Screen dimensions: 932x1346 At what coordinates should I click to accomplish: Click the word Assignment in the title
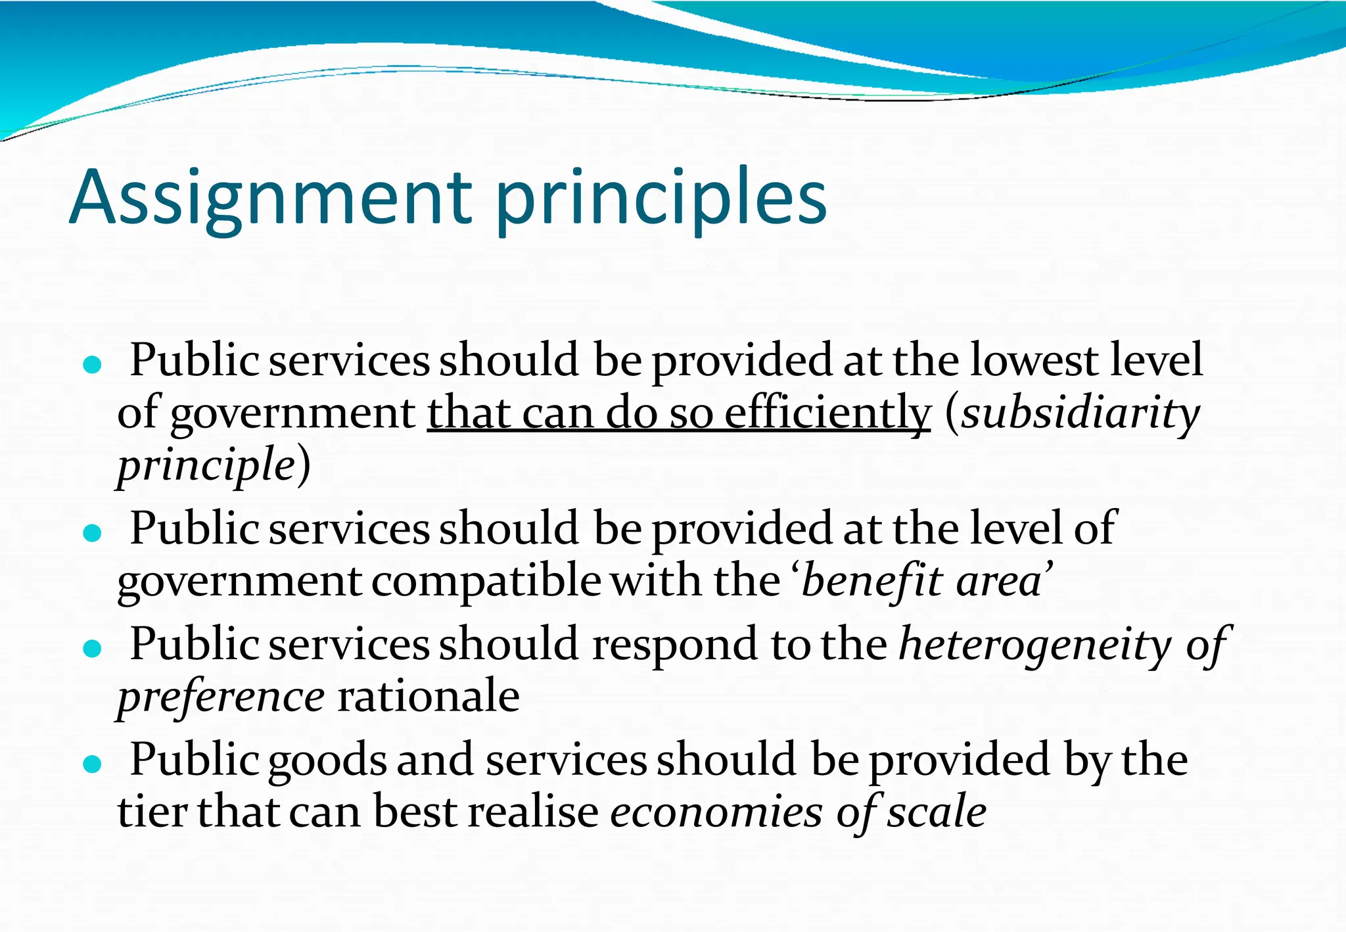coord(270,198)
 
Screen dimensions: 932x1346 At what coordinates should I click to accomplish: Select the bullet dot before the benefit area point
coord(93,532)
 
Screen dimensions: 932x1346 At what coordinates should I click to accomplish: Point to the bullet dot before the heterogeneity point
coord(93,649)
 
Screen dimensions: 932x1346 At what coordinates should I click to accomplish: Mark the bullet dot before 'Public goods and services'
coord(93,764)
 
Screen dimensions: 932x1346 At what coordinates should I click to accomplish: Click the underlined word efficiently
coord(827,414)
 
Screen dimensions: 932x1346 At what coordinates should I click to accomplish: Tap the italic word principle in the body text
coord(206,465)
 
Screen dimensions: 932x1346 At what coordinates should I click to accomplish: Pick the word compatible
coord(486,582)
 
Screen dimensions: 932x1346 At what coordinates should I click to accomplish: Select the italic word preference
coord(221,697)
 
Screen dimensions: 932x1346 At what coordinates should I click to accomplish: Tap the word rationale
coord(428,697)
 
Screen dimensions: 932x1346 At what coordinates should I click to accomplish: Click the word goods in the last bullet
coord(327,761)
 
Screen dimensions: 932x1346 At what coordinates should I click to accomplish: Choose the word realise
coord(533,812)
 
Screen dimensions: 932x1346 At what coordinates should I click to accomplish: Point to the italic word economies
coord(716,812)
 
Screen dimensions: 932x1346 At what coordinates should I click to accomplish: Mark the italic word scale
coord(937,812)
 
